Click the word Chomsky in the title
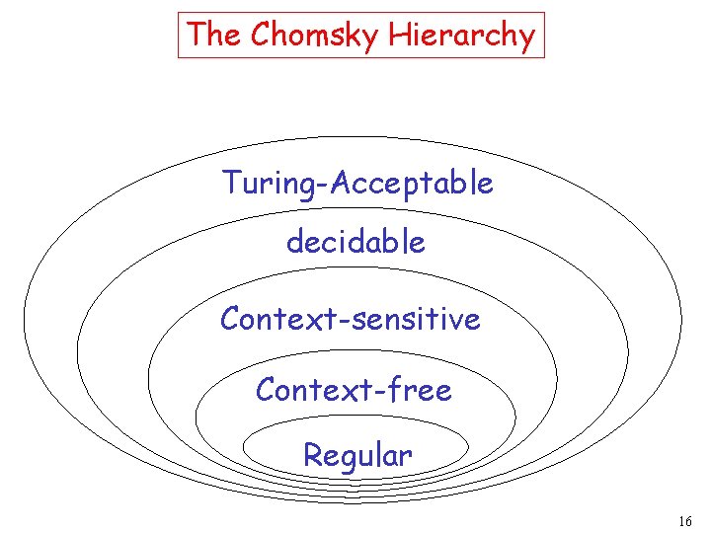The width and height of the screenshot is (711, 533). pyautogui.click(x=315, y=36)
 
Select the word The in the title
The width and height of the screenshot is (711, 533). pyautogui.click(x=214, y=36)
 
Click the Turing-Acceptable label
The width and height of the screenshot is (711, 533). pyautogui.click(x=357, y=184)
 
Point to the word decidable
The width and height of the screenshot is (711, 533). pyautogui.click(x=355, y=242)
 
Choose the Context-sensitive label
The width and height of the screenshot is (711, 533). pyautogui.click(x=351, y=319)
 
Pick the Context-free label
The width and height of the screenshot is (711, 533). pyautogui.click(x=354, y=391)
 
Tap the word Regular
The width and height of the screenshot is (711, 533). pyautogui.click(x=357, y=456)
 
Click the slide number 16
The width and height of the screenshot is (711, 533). pyautogui.click(x=686, y=520)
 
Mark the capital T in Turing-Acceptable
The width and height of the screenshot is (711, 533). pyautogui.click(x=230, y=183)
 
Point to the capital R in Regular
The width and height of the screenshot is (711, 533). pyautogui.click(x=311, y=456)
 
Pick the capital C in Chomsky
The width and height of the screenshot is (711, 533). pyautogui.click(x=260, y=36)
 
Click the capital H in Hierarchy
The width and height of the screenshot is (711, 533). pyautogui.click(x=398, y=36)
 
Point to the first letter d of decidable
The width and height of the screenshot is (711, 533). pyautogui.click(x=294, y=242)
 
